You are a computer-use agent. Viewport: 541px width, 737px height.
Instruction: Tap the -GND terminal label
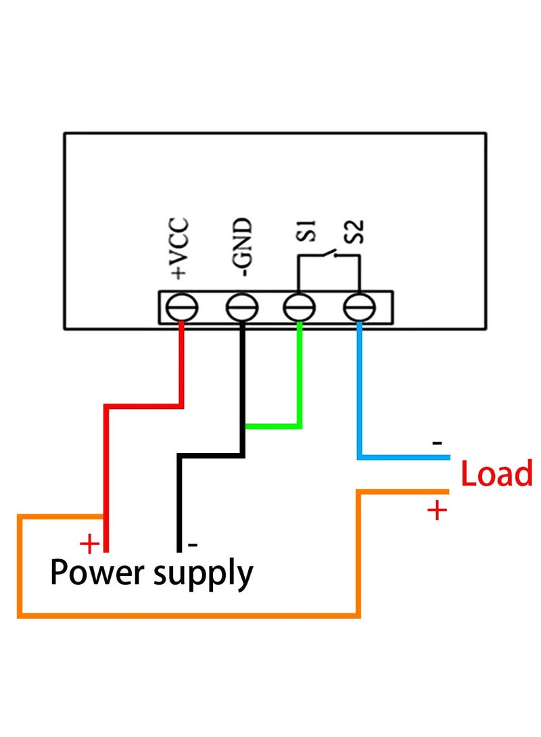click(x=243, y=248)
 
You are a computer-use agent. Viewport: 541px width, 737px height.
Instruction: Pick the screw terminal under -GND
click(x=241, y=308)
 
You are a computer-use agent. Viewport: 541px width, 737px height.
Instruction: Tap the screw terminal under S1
click(x=299, y=308)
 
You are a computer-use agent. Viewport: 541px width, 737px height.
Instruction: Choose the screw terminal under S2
click(x=358, y=308)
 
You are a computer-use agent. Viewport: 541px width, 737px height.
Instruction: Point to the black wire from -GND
click(x=179, y=500)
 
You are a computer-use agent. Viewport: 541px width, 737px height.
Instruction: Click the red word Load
click(x=496, y=474)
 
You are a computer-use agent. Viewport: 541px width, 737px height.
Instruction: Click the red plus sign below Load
click(x=438, y=510)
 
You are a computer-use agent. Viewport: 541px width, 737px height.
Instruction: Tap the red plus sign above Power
click(x=89, y=543)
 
